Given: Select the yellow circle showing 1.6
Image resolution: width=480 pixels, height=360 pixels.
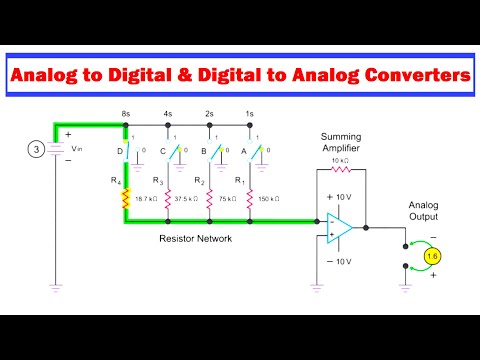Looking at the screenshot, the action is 432,257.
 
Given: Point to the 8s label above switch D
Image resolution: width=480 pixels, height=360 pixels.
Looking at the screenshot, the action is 126,116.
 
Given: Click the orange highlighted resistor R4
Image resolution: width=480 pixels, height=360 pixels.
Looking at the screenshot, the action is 126,199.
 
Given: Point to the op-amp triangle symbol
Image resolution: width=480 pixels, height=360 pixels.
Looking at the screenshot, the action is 338,229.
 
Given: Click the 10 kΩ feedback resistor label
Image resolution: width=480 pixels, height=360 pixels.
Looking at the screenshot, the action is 339,161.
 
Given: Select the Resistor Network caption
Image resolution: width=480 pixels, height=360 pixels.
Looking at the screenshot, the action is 195,240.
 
